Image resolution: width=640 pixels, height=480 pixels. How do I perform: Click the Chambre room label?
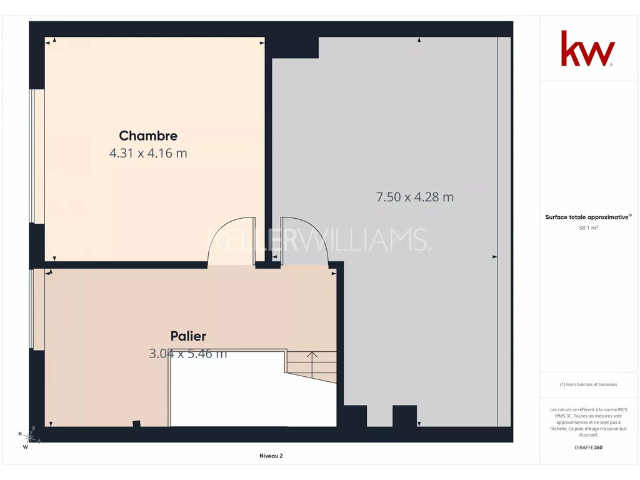coord(148,136)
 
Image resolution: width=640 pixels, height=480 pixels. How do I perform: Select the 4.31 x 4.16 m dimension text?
coord(148,154)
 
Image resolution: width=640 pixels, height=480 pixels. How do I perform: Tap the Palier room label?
coord(188,336)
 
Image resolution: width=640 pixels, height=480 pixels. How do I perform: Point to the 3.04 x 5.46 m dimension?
coord(187,354)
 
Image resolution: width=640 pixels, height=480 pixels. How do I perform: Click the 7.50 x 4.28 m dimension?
coord(415,197)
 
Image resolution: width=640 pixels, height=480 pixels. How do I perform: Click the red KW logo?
coord(587,49)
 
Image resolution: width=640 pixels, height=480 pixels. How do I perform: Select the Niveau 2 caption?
coord(271,456)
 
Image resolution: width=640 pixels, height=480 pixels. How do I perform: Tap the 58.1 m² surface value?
coord(588,227)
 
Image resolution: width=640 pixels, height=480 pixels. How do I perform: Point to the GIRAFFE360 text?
coord(588,447)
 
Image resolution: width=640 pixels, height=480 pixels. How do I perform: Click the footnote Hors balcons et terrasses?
coord(588,384)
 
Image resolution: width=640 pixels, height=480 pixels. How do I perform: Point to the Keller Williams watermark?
coord(318,239)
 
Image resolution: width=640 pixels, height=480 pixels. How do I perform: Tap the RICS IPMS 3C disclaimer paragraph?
coord(588,422)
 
